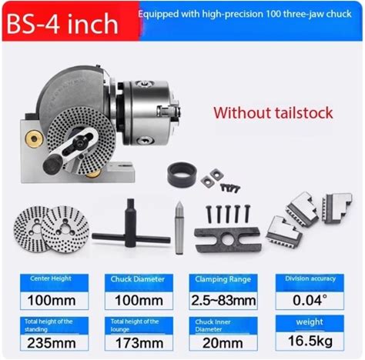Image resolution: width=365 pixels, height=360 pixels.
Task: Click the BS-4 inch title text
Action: click(x=62, y=24)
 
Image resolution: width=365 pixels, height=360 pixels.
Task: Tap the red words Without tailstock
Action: click(x=273, y=113)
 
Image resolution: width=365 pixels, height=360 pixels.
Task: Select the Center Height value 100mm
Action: click(x=52, y=301)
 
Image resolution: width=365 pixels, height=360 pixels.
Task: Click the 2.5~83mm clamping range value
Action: click(x=223, y=301)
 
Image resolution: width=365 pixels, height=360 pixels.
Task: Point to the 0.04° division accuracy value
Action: click(x=310, y=300)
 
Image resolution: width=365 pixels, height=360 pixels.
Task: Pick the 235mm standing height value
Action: click(x=52, y=343)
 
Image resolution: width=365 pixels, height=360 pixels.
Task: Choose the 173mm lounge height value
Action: click(x=139, y=343)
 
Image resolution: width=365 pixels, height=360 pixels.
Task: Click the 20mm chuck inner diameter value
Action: click(x=223, y=343)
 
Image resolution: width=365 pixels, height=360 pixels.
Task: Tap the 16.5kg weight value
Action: click(x=310, y=341)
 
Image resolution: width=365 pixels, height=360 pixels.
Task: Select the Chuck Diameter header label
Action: click(x=138, y=279)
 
